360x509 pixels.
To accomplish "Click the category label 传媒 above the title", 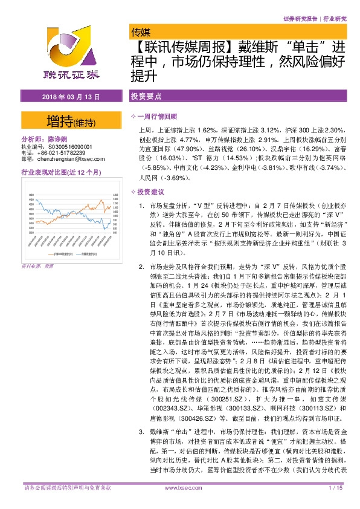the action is [x=141, y=32].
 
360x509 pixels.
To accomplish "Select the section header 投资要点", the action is [x=145, y=96].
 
